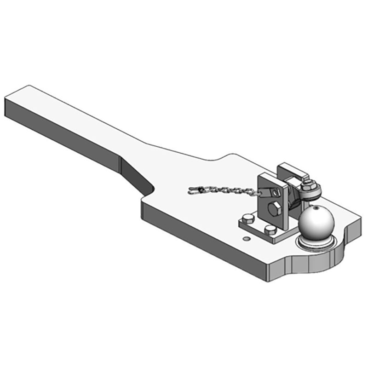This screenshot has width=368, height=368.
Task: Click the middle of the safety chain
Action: click(225, 189)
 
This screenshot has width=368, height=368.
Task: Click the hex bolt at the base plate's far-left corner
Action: click(248, 218)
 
